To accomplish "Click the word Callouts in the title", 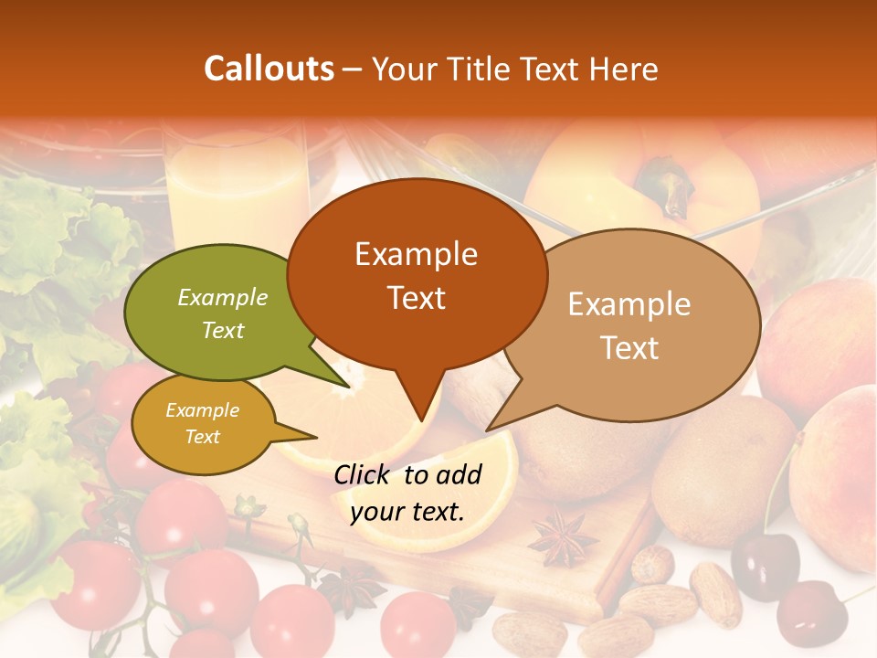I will pos(269,69).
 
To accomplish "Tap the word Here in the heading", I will pos(624,69).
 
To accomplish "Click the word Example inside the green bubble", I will pos(223,298).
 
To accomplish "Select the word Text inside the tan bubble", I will pos(629,348).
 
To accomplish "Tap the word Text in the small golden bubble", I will pos(203,437).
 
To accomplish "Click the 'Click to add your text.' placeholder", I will pos(407,493).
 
